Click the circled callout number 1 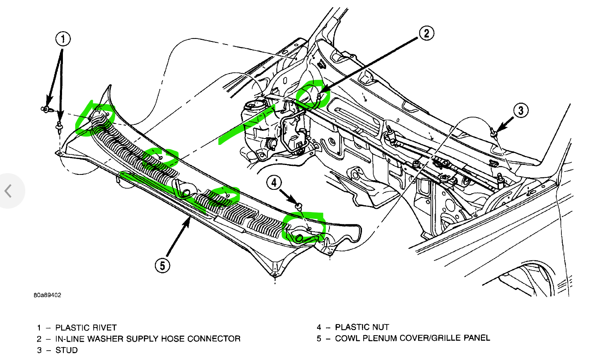coord(62,40)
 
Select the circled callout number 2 coord(426,32)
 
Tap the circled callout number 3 coord(521,111)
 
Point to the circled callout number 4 coord(274,183)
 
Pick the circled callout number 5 coord(162,266)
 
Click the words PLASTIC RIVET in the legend coord(86,328)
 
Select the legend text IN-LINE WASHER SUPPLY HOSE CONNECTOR coord(148,339)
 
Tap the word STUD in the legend coord(67,350)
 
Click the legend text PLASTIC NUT coord(362,328)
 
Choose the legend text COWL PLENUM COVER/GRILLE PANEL coord(412,338)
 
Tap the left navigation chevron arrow coord(8,191)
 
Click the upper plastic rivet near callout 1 coord(45,109)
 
